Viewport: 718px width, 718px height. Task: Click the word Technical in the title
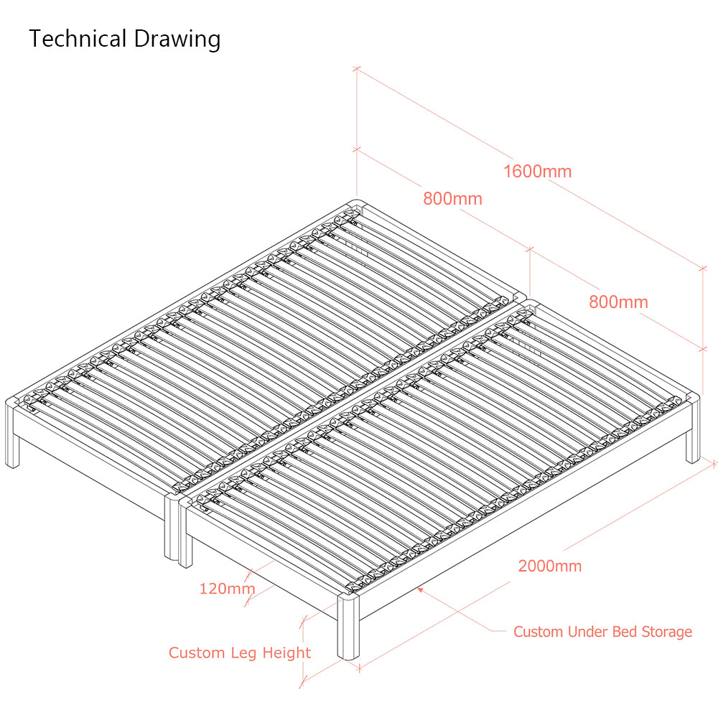78,39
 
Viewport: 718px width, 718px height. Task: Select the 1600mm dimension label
538,172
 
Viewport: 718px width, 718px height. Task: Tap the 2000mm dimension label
550,566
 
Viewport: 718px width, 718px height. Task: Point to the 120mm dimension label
227,589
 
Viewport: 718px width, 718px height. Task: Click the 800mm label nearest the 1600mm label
452,199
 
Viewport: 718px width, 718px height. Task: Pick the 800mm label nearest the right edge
618,302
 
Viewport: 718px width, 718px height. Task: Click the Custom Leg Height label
240,653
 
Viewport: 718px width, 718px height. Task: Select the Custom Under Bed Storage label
602,632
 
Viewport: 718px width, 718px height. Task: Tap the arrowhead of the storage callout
420,590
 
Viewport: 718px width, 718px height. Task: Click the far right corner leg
693,428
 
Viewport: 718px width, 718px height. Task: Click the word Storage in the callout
667,633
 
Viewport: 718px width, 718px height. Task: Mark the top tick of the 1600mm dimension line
357,69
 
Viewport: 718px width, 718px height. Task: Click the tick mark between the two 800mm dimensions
530,249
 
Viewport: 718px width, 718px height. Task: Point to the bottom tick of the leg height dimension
303,683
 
